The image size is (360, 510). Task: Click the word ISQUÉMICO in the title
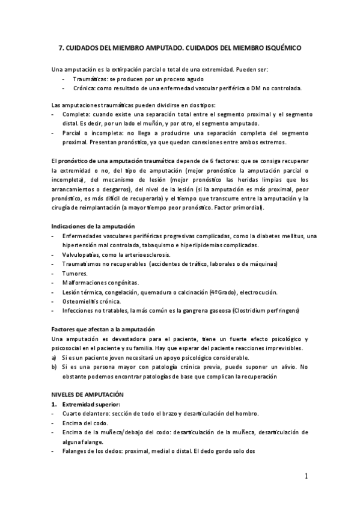tap(279, 47)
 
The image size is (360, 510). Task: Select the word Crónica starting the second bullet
tap(86, 88)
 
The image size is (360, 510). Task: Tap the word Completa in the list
tap(75, 114)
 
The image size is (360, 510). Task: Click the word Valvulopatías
tap(84, 254)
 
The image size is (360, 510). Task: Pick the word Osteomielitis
tap(82, 301)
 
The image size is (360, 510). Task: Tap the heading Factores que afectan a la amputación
tap(103, 330)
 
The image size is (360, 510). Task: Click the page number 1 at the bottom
tap(307, 477)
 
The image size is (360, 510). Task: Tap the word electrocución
tap(258, 292)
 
